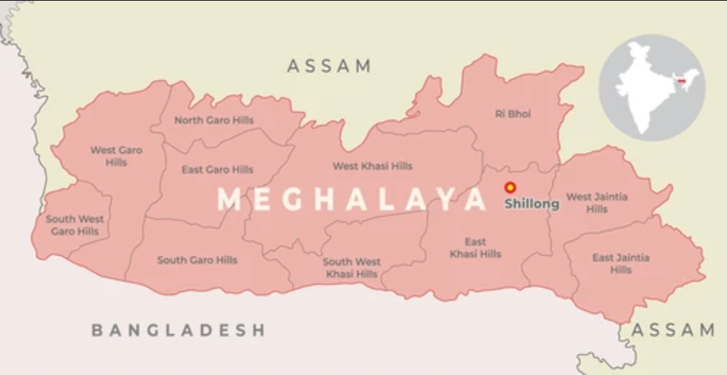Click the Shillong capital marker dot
(510, 187)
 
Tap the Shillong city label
(532, 204)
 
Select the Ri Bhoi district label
(513, 114)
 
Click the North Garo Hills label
(214, 120)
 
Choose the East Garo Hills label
(217, 170)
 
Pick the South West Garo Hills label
(75, 225)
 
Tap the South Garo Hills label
(197, 260)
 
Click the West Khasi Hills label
(372, 167)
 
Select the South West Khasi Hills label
(352, 268)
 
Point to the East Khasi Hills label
(475, 248)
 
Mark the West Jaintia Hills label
(596, 203)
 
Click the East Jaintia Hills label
(621, 264)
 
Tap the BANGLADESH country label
(178, 330)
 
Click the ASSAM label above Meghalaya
(330, 66)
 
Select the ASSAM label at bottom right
(673, 330)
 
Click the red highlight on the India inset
(681, 81)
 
